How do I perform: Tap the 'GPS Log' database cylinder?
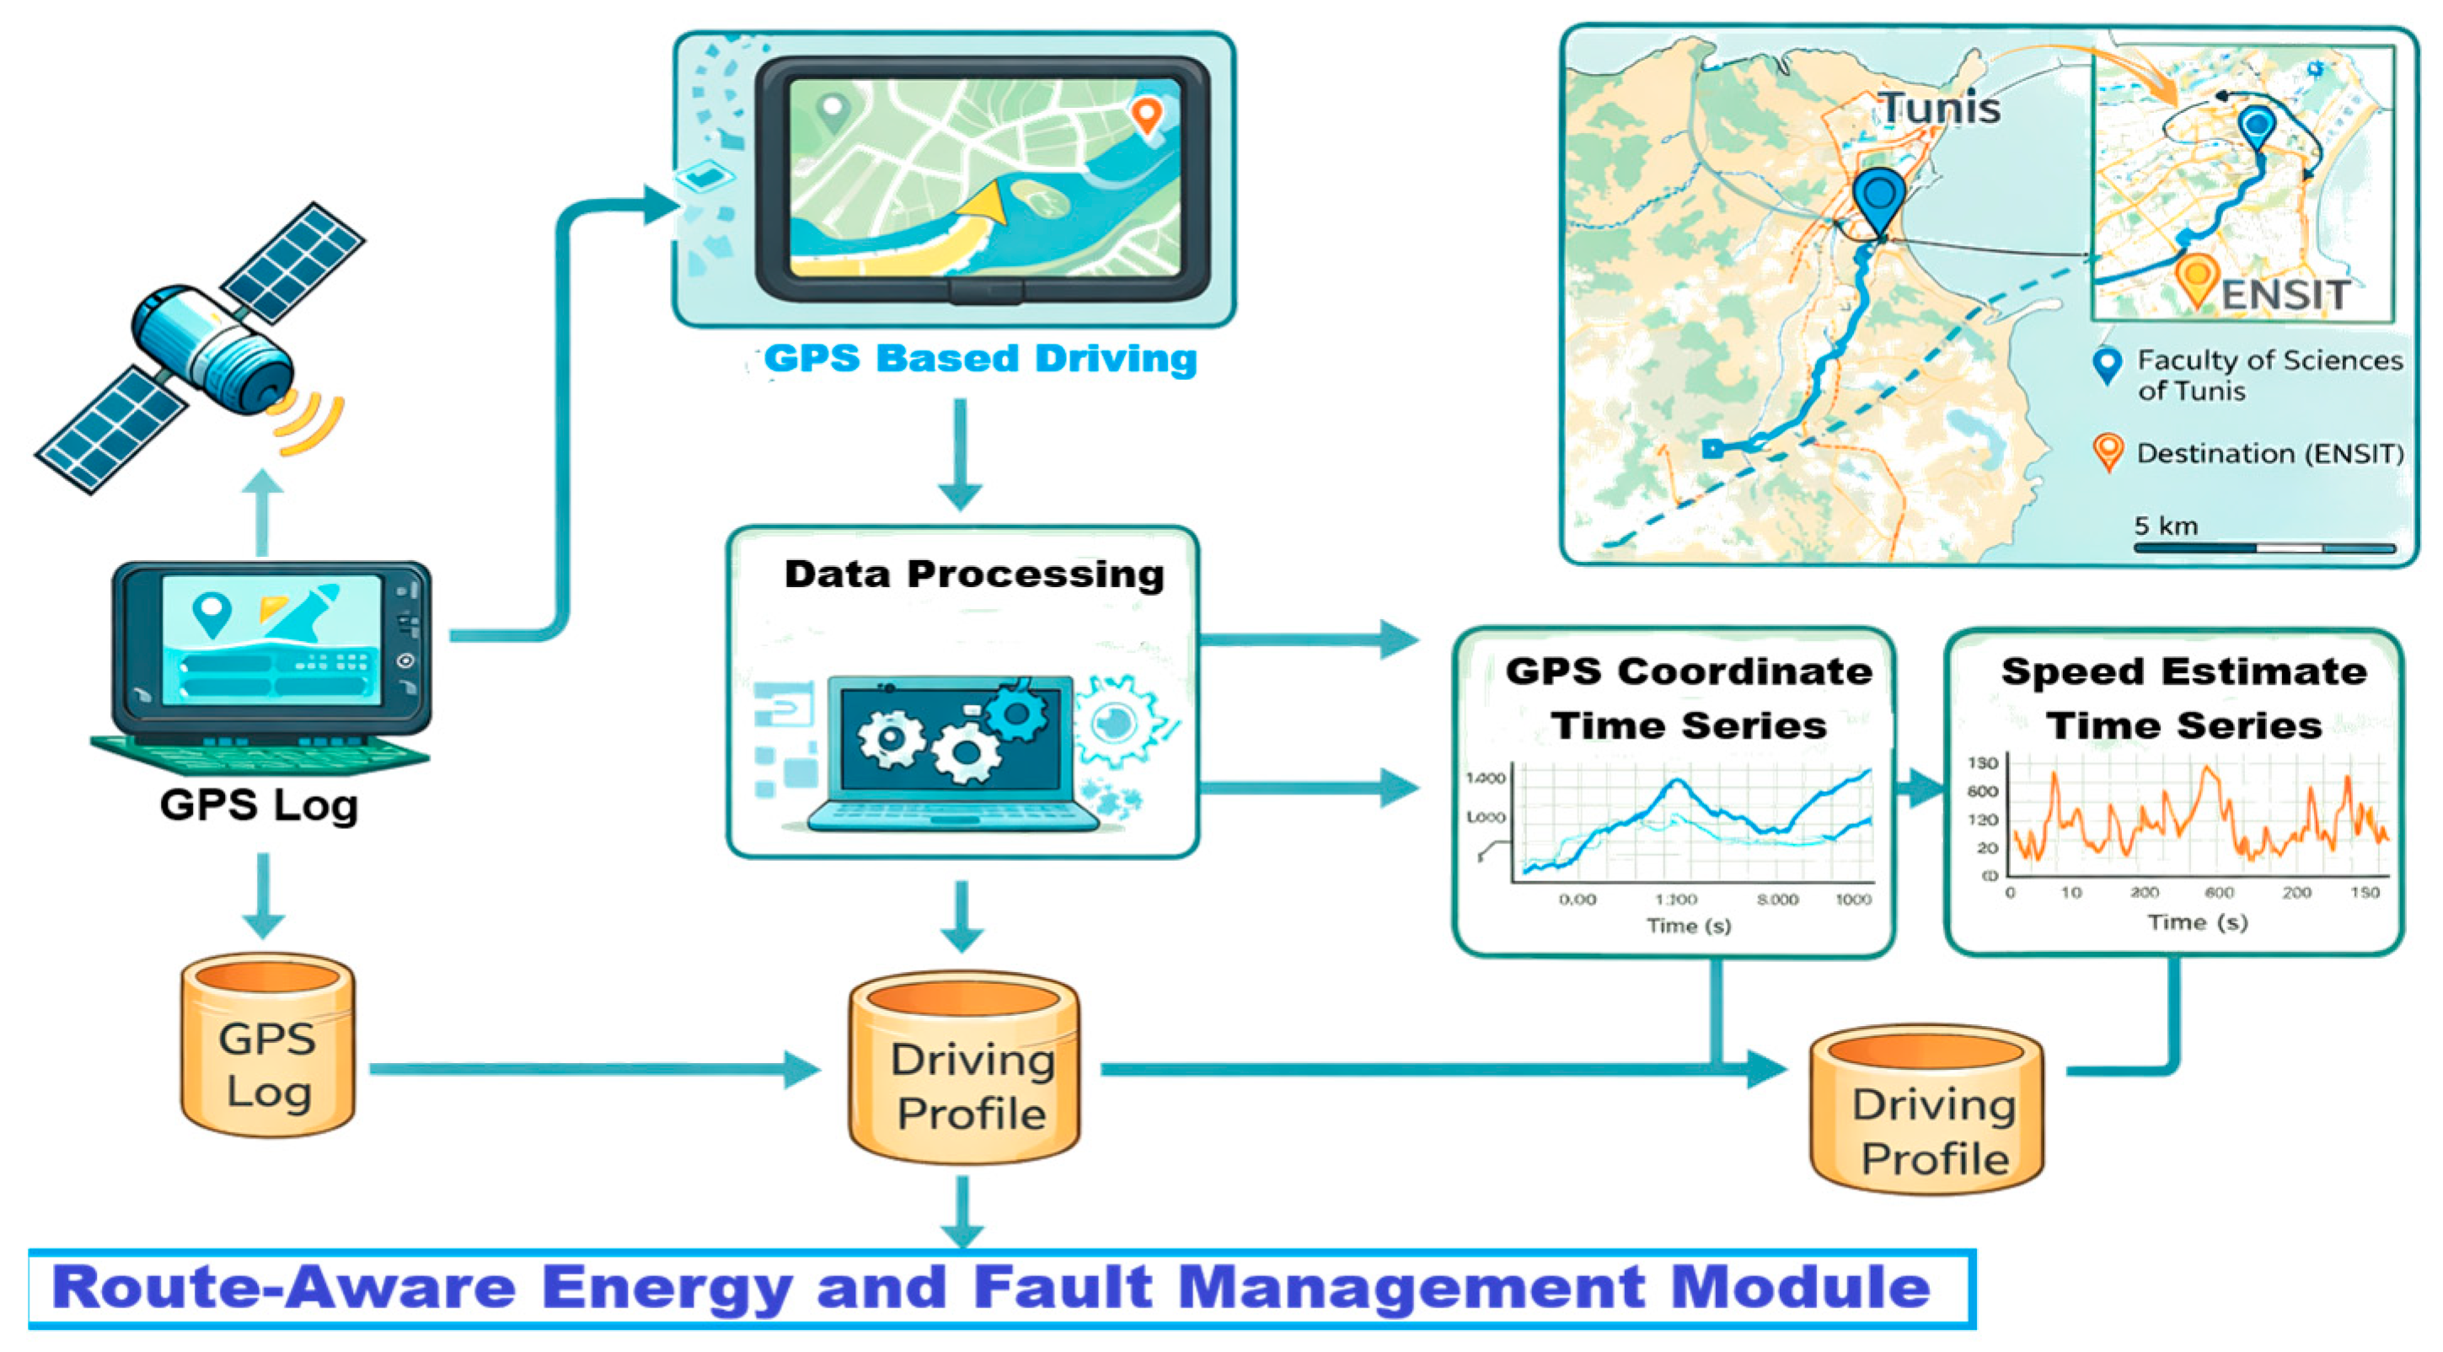(267, 1045)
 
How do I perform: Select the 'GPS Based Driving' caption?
(980, 358)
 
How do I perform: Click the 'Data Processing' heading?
(974, 574)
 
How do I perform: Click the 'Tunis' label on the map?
(1939, 108)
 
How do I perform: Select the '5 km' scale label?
(2165, 526)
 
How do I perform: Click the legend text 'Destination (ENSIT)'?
(2269, 453)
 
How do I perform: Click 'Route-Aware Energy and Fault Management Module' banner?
(991, 1287)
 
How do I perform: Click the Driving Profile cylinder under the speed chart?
(1927, 1109)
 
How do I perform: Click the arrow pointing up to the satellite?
(263, 512)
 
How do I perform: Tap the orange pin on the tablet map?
(1147, 115)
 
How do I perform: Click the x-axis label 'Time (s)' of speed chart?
(2198, 922)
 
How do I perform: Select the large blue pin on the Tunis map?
(1878, 200)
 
